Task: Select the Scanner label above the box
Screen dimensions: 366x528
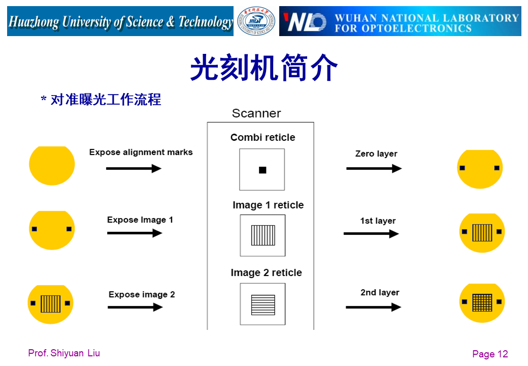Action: pyautogui.click(x=256, y=113)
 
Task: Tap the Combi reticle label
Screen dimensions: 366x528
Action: pyautogui.click(x=262, y=137)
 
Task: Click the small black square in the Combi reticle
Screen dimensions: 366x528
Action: pyautogui.click(x=262, y=170)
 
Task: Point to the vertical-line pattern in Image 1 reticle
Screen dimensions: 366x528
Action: pyautogui.click(x=263, y=235)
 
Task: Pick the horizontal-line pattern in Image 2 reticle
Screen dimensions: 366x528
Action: pyautogui.click(x=263, y=304)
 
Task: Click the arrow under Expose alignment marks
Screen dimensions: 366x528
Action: pyautogui.click(x=134, y=168)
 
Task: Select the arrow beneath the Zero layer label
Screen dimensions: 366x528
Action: pyautogui.click(x=374, y=168)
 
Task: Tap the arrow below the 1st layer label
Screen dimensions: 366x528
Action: pyautogui.click(x=371, y=234)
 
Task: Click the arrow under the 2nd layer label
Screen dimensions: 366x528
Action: pyautogui.click(x=373, y=307)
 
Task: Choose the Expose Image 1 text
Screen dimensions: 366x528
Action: pyautogui.click(x=140, y=220)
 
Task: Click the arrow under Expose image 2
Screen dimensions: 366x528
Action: pyautogui.click(x=135, y=307)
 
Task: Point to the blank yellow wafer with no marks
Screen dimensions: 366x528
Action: pyautogui.click(x=52, y=165)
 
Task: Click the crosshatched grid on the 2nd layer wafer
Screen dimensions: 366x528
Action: pyautogui.click(x=482, y=303)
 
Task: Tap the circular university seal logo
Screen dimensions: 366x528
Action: pyautogui.click(x=256, y=21)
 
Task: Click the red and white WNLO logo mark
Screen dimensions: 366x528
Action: pyautogui.click(x=304, y=22)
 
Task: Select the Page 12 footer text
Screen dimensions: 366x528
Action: pyautogui.click(x=490, y=354)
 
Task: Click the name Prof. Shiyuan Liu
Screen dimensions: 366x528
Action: pyautogui.click(x=64, y=353)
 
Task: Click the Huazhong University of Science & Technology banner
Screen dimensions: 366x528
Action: pyautogui.click(x=120, y=21)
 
